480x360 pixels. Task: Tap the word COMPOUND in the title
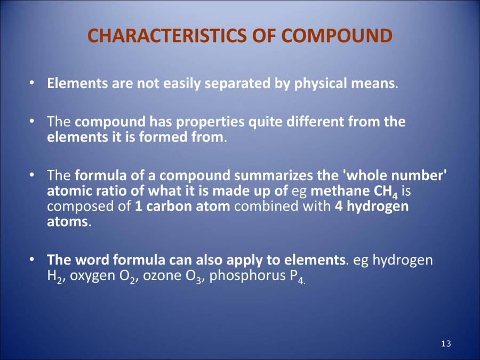pos(337,36)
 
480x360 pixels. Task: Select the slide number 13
pos(446,343)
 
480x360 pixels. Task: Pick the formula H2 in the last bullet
pos(53,277)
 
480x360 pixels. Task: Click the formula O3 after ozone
pos(195,277)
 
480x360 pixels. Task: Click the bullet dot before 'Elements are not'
pos(33,84)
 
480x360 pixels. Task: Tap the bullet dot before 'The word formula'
pos(33,260)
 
